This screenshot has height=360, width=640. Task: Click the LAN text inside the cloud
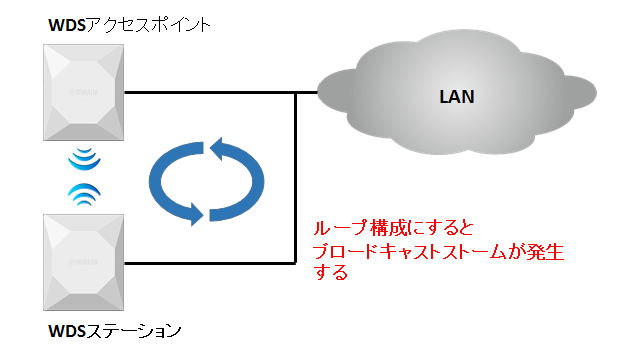point(458,97)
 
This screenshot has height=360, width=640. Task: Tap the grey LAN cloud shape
point(400,95)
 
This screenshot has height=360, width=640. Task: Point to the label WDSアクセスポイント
point(130,24)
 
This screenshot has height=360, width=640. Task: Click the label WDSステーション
point(116,329)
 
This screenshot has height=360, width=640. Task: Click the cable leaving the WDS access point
point(210,93)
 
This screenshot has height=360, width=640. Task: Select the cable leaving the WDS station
point(210,263)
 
